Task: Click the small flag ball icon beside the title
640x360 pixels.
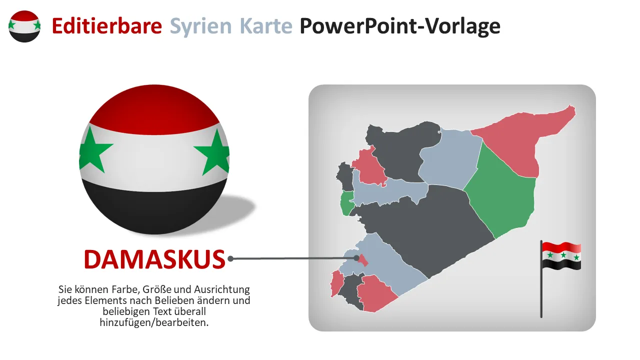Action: [x=24, y=26]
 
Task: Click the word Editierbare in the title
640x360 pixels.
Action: [x=107, y=26]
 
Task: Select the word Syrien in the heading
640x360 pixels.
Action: [x=200, y=27]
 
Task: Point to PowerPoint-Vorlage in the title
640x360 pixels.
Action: [x=400, y=27]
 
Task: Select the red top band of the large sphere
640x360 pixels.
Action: [x=154, y=110]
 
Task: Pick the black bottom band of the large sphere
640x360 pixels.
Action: [x=154, y=210]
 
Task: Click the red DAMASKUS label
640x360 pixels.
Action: [x=154, y=259]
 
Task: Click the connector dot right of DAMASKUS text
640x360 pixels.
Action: [x=230, y=259]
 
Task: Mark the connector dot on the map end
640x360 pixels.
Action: [x=356, y=258]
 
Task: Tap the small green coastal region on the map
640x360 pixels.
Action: [x=347, y=203]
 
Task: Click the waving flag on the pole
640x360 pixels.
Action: [x=561, y=255]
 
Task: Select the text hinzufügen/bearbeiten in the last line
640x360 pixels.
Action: [x=154, y=322]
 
